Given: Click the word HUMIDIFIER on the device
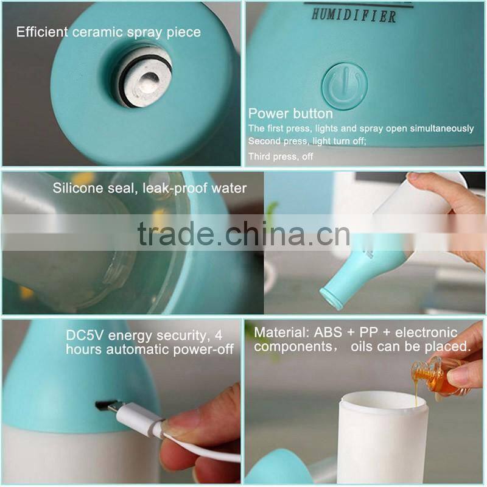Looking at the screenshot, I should [353, 15].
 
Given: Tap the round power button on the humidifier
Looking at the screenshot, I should [345, 86].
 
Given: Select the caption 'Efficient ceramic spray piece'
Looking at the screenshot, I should [108, 32].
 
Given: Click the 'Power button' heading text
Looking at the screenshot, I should [290, 114].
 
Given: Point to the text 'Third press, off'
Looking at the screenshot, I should [281, 156].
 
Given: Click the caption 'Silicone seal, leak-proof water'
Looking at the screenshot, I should [150, 188].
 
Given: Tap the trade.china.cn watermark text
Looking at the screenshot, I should [243, 233].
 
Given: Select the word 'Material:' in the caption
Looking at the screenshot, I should [281, 333].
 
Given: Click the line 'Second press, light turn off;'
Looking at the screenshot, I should [315, 141].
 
